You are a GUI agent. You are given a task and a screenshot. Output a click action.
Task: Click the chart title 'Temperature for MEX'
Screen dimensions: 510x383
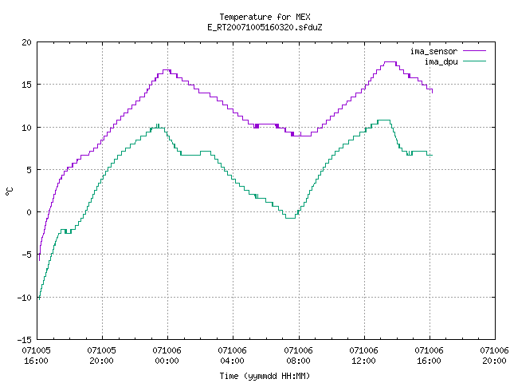click(265, 17)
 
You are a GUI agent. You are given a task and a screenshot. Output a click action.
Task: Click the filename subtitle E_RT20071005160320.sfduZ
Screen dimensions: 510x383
click(265, 27)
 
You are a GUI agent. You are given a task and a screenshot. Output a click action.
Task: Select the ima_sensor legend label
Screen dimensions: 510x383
click(433, 51)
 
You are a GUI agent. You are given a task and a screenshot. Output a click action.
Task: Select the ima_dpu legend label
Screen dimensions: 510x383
click(441, 61)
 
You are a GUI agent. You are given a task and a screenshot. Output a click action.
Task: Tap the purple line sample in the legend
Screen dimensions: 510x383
click(475, 51)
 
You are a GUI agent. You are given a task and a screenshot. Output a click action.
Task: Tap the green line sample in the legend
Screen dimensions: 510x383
click(475, 61)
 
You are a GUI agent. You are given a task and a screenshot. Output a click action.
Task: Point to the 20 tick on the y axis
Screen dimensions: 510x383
click(26, 42)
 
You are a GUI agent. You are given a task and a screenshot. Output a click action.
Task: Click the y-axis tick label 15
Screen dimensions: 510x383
click(26, 85)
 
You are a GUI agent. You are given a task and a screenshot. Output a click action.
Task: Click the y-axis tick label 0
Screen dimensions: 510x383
click(29, 212)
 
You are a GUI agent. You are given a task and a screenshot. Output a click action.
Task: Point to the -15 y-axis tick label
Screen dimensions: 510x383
click(25, 340)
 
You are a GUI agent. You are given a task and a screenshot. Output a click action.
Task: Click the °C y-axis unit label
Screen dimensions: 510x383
click(9, 191)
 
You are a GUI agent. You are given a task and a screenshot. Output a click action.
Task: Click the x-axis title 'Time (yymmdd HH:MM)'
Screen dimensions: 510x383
click(265, 376)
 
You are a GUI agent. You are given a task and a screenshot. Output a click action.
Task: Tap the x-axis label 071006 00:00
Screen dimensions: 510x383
click(167, 356)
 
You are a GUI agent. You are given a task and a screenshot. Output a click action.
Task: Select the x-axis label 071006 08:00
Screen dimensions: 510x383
click(298, 356)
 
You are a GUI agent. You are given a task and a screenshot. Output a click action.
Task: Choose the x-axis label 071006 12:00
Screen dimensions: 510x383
click(363, 356)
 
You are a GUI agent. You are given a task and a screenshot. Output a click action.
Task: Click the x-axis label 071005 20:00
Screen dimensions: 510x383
click(101, 356)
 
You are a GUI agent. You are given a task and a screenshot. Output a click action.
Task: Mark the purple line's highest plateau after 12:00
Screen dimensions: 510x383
click(390, 62)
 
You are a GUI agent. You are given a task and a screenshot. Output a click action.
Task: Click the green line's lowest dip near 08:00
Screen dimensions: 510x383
click(290, 218)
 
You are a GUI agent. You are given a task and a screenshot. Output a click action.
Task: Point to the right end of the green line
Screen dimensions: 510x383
click(432, 155)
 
